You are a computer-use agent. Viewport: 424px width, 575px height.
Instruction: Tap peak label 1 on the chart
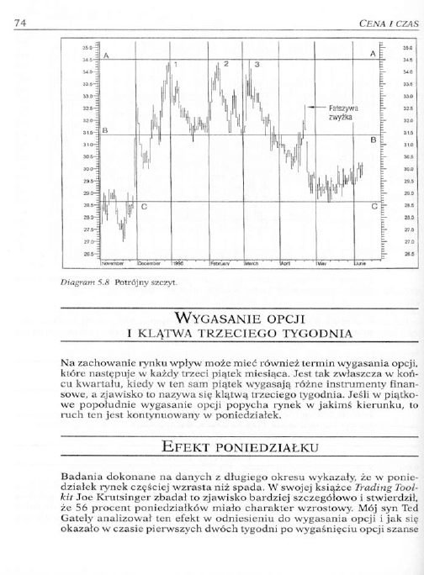tap(176, 65)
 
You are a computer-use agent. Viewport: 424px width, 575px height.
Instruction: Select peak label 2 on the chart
tap(226, 64)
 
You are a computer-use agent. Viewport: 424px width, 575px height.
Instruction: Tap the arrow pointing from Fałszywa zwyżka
tap(315, 107)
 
